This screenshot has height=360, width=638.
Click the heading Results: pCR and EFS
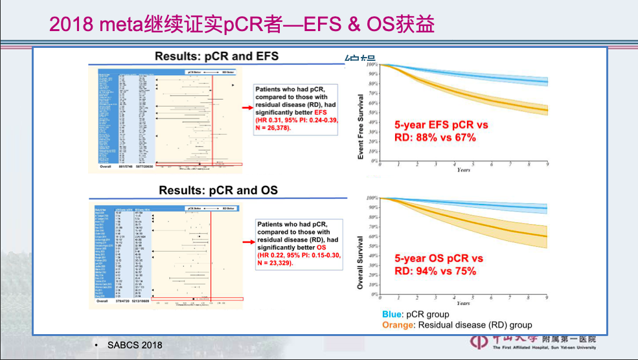pyautogui.click(x=216, y=56)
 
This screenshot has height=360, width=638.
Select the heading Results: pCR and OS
pyautogui.click(x=218, y=190)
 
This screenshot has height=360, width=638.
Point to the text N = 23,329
pyautogui.click(x=275, y=264)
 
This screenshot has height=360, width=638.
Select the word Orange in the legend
pyautogui.click(x=398, y=324)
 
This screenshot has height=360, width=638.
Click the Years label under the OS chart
pyautogui.click(x=463, y=303)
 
